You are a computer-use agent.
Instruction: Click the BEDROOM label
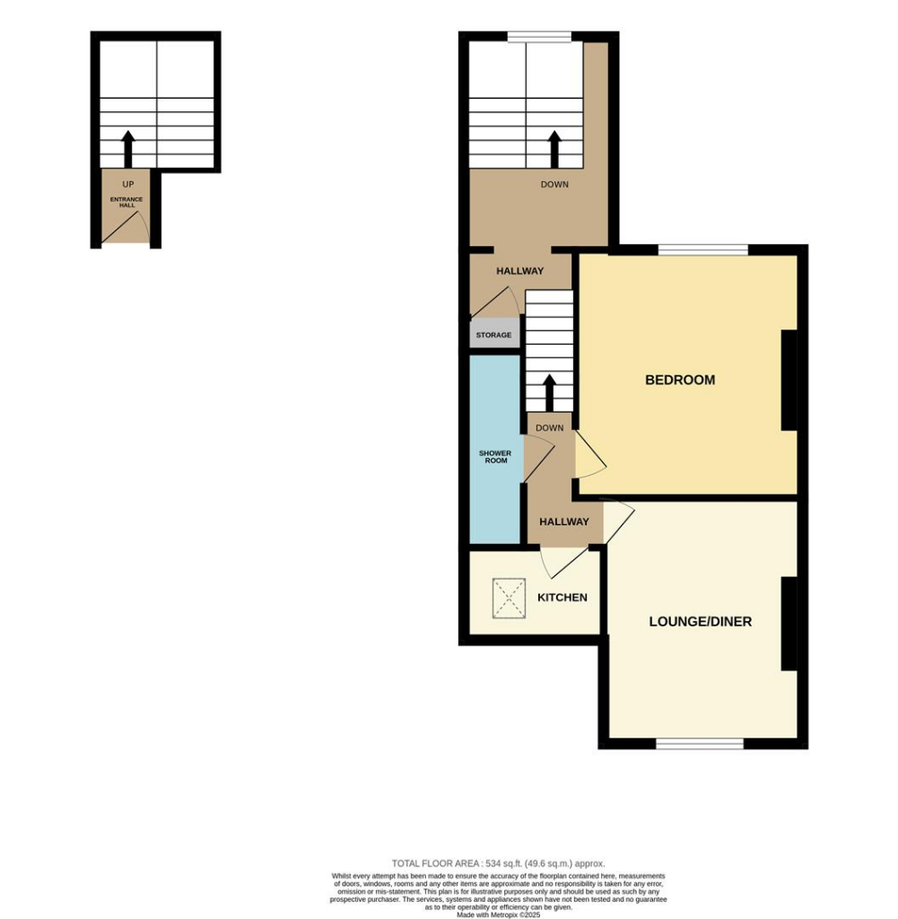[680, 380]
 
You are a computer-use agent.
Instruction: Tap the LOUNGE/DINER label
[700, 621]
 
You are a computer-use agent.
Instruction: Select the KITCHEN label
[562, 598]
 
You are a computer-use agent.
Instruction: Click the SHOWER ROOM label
[494, 457]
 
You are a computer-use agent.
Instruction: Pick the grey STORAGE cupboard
[493, 335]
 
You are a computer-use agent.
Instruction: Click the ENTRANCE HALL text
[126, 202]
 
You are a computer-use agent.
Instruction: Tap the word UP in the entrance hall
[127, 184]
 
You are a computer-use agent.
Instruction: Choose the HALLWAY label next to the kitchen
[563, 521]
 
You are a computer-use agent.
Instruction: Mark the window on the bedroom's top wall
[703, 249]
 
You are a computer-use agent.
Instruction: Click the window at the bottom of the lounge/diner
[700, 743]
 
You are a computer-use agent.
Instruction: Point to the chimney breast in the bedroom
[789, 381]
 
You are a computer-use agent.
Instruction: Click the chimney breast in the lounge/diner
[789, 624]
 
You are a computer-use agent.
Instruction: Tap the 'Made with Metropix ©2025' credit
[498, 914]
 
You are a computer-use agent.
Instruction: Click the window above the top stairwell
[539, 37]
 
